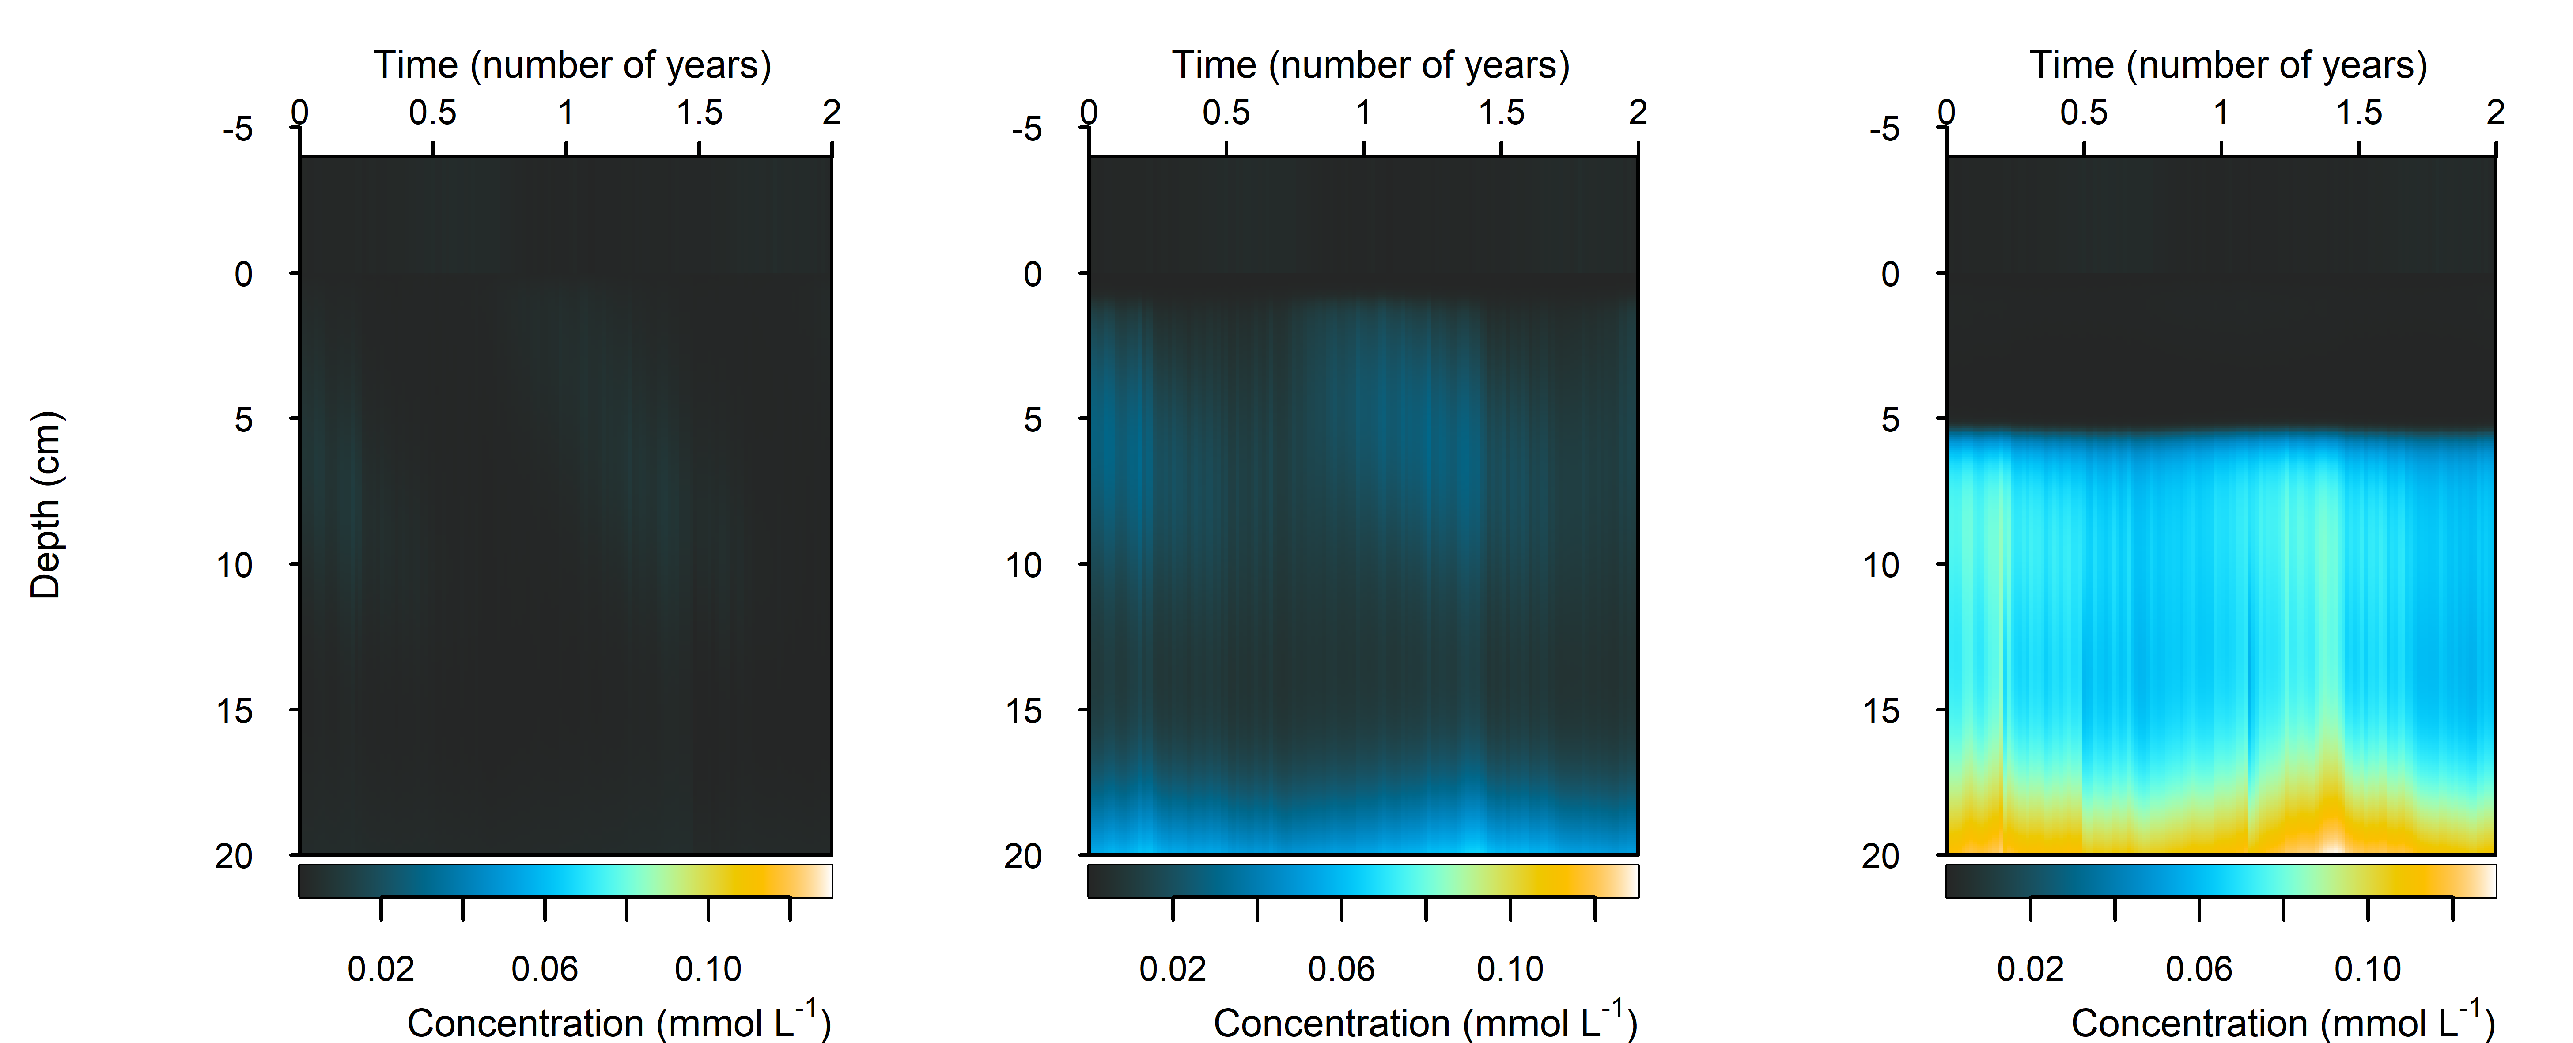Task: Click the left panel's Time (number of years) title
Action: (x=572, y=65)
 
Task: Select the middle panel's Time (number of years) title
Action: (x=1370, y=65)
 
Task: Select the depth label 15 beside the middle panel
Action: (x=1024, y=711)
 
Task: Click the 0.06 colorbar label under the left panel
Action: (x=545, y=968)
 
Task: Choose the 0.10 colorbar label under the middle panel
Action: (x=1510, y=968)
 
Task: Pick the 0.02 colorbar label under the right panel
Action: (x=2030, y=968)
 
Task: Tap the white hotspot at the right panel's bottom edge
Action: (x=2330, y=842)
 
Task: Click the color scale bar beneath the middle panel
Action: (x=1362, y=880)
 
